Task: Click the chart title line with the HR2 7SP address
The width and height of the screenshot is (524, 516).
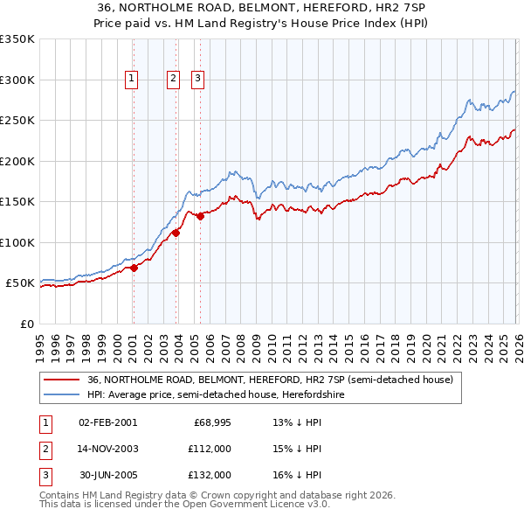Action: click(x=262, y=8)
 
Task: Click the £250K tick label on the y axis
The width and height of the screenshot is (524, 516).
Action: click(x=17, y=121)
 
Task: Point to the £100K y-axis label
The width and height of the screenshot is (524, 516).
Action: click(x=17, y=242)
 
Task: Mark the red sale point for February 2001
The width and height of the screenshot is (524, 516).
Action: click(x=134, y=268)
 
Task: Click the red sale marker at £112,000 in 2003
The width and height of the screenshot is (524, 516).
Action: click(x=176, y=233)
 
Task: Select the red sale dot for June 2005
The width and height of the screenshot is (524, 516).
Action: click(x=201, y=216)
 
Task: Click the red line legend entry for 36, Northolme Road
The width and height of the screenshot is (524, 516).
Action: click(x=270, y=380)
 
